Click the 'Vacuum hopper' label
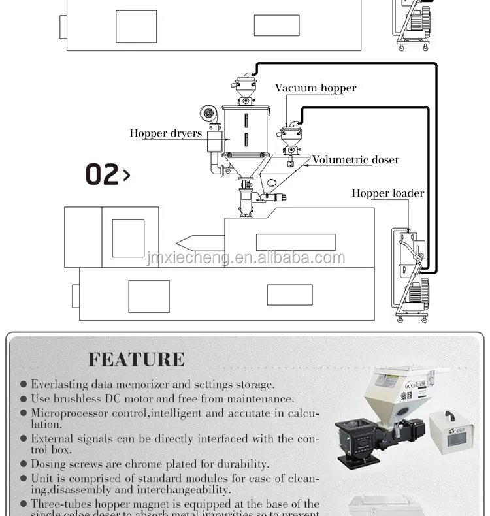316,88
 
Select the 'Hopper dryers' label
165,133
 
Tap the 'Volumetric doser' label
355,159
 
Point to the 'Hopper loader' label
387,193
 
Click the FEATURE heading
137,359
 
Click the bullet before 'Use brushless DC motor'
24,398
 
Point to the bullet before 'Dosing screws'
24,464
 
